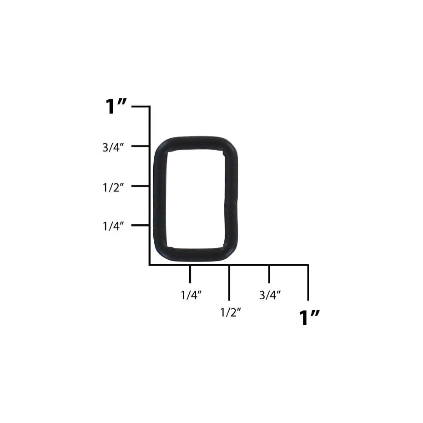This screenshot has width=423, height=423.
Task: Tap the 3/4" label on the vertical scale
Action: (113, 147)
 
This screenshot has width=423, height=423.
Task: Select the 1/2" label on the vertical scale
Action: (113, 187)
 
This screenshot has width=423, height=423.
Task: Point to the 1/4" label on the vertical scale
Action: (113, 226)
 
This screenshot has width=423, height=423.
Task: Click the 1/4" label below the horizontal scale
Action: (191, 295)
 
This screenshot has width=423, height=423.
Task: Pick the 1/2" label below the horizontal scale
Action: (231, 312)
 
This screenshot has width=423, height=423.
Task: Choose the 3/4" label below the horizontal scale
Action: (270, 295)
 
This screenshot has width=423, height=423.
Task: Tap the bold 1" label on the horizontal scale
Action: (309, 318)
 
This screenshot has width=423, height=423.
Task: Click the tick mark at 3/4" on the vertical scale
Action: (140, 146)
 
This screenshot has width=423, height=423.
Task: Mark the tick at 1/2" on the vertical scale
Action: (140, 186)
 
